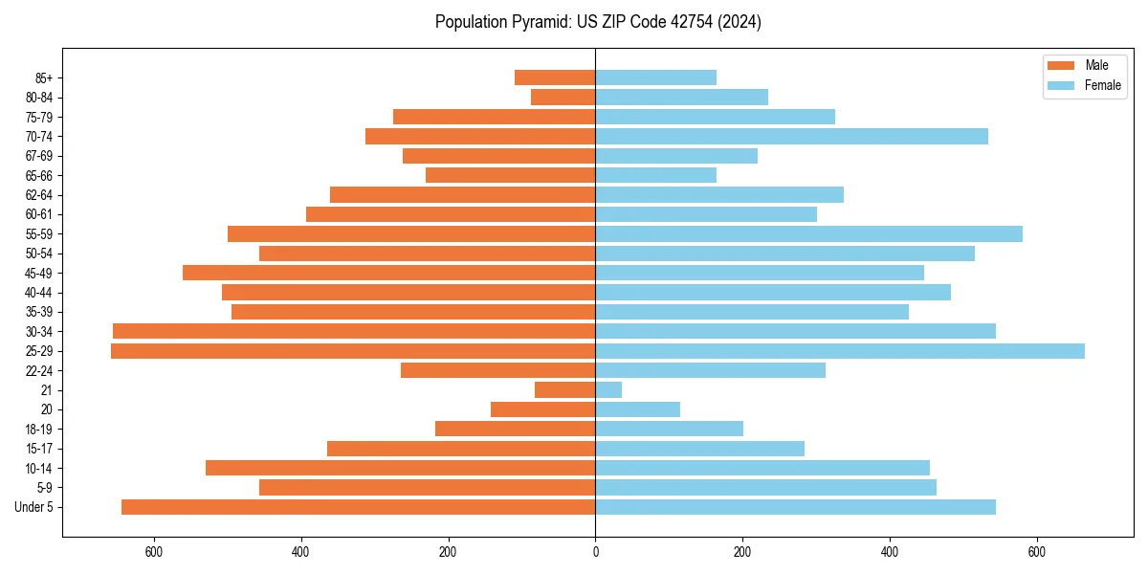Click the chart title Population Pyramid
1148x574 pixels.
(598, 22)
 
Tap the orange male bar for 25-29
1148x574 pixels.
(353, 351)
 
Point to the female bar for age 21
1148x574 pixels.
(608, 390)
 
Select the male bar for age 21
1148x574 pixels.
(564, 390)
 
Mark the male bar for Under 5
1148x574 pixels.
(358, 507)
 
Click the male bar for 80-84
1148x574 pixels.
(563, 98)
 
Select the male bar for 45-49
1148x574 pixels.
(388, 274)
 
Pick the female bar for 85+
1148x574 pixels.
(655, 77)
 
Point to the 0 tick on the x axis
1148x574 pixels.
(595, 552)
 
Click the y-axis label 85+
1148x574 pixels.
(42, 77)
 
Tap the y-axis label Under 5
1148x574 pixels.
(34, 507)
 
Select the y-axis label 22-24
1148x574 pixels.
(39, 371)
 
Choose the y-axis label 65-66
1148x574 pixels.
(39, 176)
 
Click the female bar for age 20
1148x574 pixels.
(637, 409)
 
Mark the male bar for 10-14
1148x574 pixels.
(400, 468)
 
